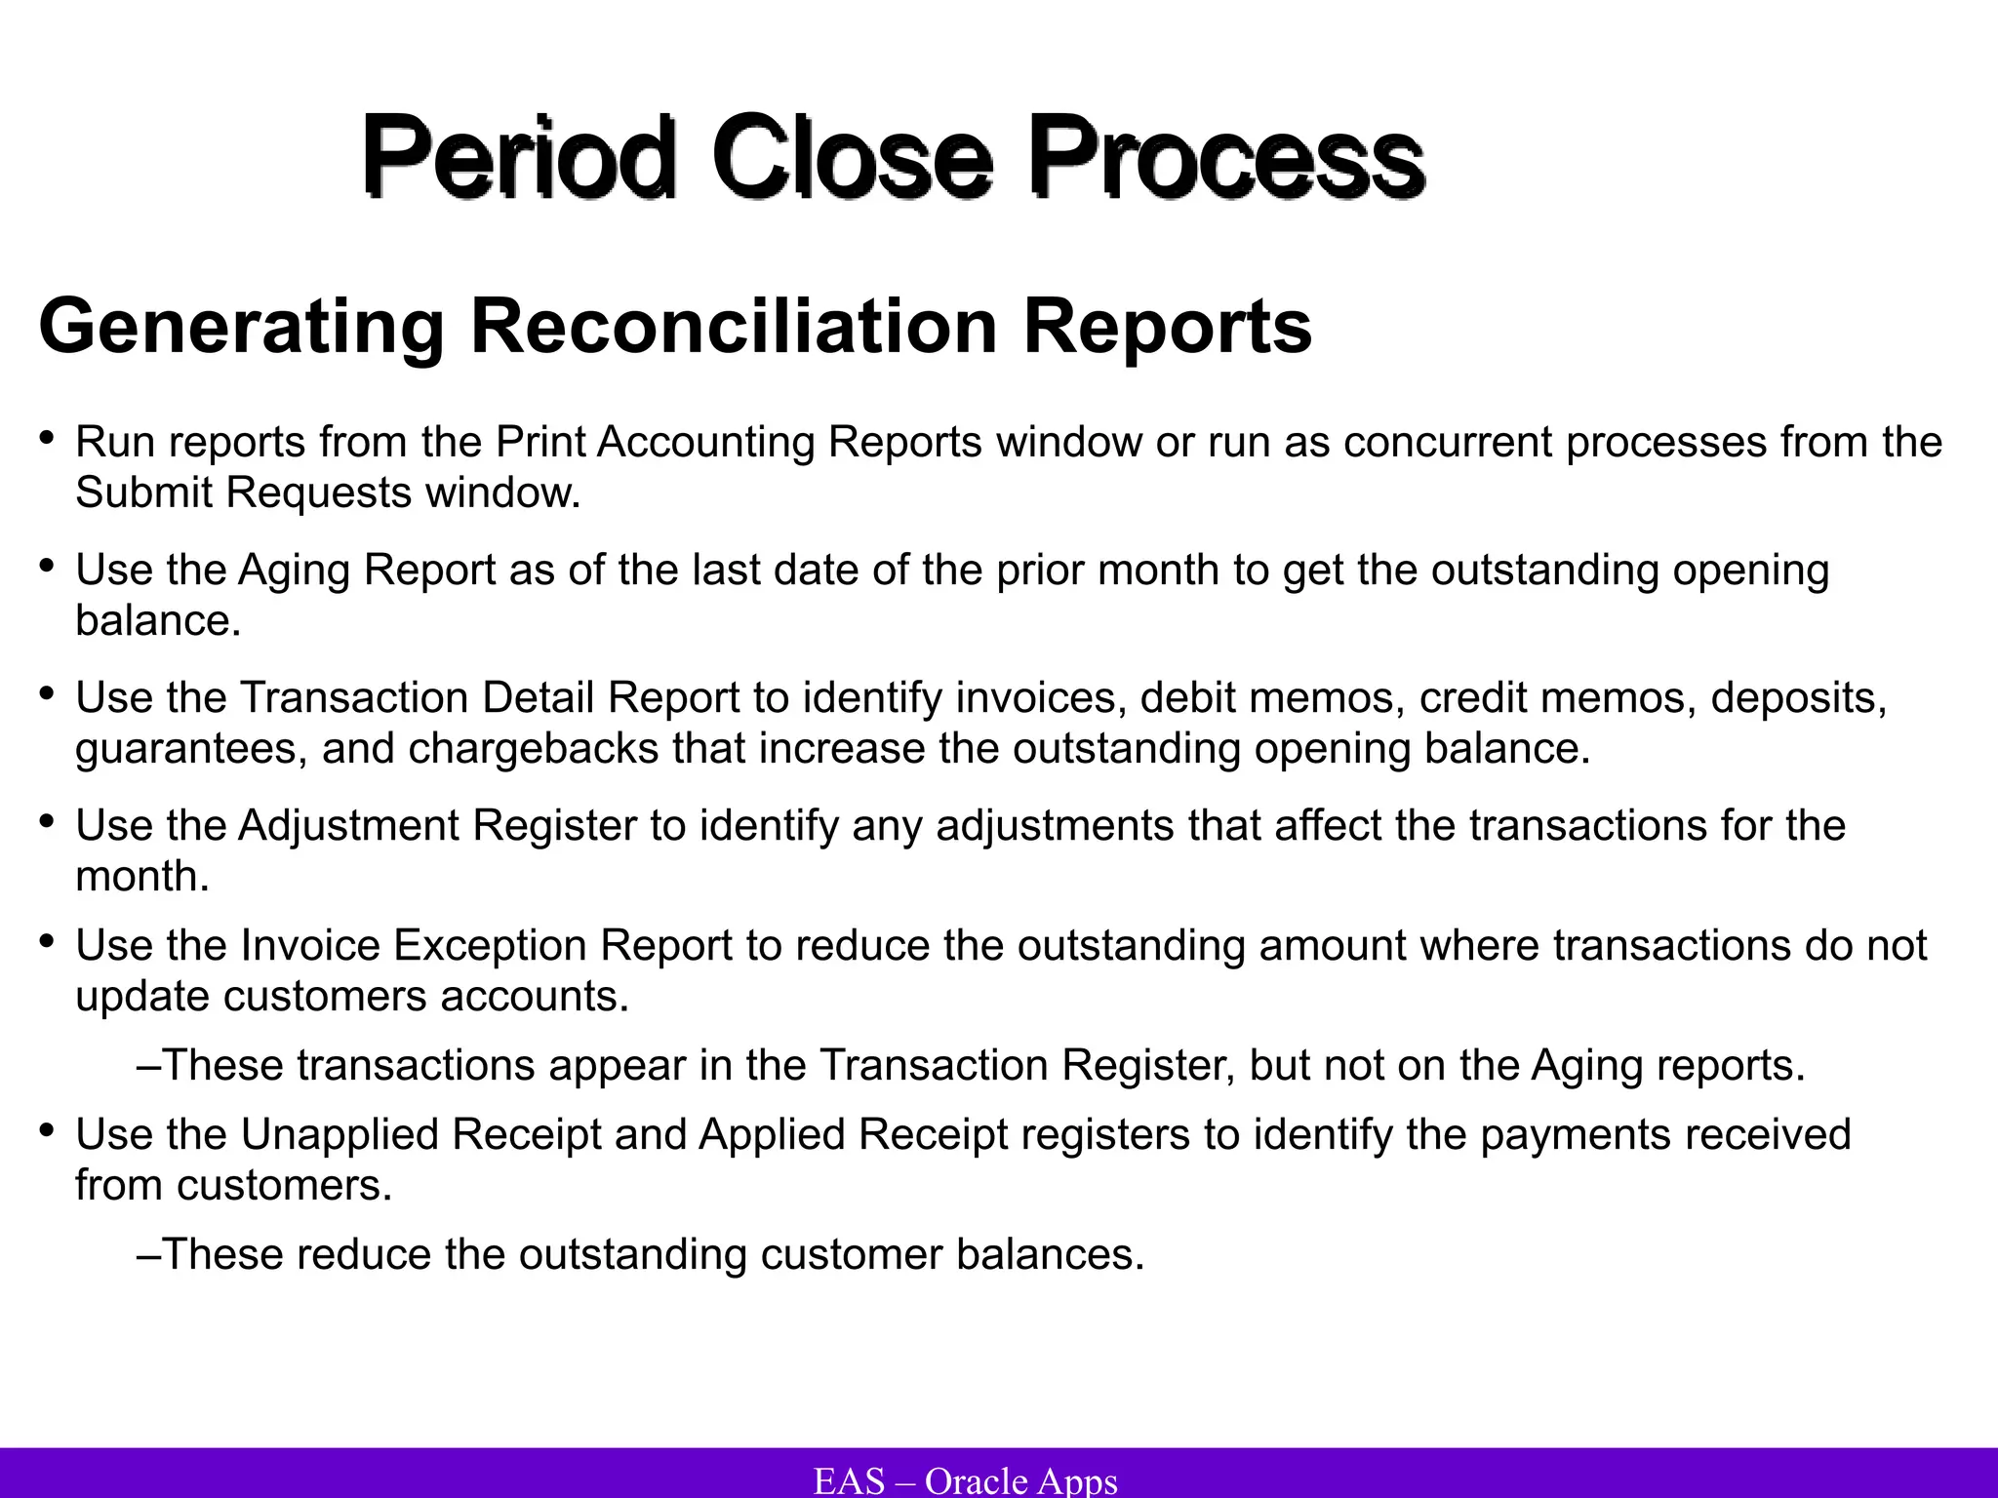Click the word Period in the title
pyautogui.click(x=518, y=156)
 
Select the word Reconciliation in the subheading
pyautogui.click(x=734, y=327)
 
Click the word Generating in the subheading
pyautogui.click(x=241, y=327)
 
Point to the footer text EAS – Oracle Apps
pyautogui.click(x=965, y=1480)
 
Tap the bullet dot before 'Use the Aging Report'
pyautogui.click(x=47, y=566)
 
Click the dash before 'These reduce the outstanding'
pyautogui.click(x=148, y=1253)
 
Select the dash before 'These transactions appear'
pyautogui.click(x=148, y=1064)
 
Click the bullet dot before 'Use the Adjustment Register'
pyautogui.click(x=47, y=821)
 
